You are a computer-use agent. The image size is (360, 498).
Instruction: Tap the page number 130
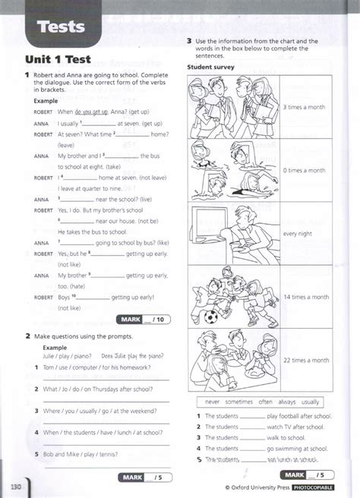click(15, 484)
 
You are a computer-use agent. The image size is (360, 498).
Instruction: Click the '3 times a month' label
click(304, 108)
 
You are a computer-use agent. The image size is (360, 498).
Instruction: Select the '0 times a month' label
click(304, 171)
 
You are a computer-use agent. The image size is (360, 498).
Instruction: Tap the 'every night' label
click(298, 234)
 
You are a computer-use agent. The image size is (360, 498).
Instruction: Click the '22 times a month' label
click(305, 360)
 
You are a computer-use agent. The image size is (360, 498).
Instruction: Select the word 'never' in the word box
click(212, 402)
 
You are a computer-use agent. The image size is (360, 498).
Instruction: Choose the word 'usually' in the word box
click(310, 402)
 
